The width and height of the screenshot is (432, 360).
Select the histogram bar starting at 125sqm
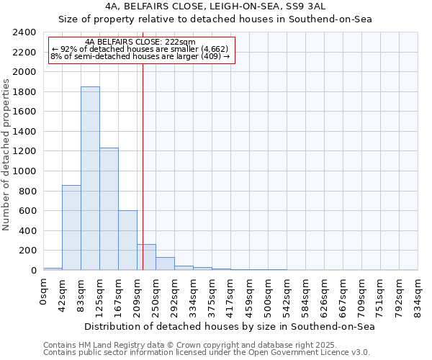(109, 209)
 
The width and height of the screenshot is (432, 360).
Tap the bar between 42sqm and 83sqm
(71, 228)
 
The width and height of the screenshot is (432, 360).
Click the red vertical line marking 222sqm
(143, 166)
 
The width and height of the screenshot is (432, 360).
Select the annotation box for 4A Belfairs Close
(140, 49)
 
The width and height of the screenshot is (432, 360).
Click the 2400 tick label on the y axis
(24, 32)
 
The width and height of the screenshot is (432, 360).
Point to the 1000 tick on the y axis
(24, 171)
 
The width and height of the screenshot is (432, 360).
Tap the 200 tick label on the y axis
(27, 251)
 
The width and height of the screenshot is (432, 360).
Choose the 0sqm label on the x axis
(44, 289)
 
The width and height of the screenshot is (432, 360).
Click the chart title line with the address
(215, 5)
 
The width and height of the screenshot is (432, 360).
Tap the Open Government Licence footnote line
(206, 352)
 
